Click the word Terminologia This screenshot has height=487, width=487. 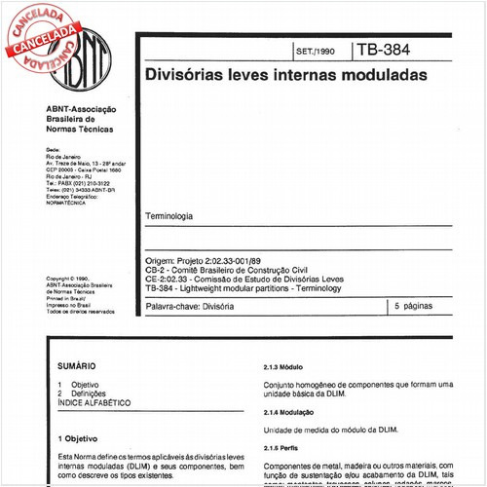(x=169, y=215)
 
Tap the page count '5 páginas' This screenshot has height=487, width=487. (x=417, y=307)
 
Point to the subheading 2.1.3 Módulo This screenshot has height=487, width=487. (x=284, y=371)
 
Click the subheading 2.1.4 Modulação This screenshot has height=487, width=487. (x=290, y=413)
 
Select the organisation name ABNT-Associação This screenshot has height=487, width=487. (x=82, y=108)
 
